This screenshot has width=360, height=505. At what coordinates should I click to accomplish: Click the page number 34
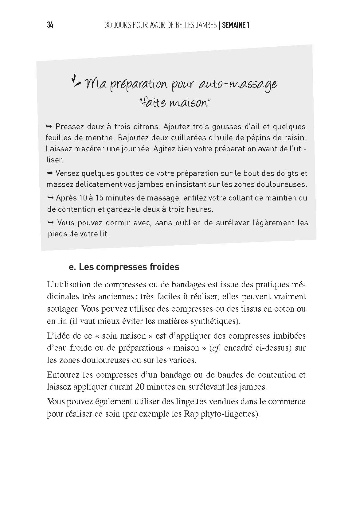[x=50, y=25]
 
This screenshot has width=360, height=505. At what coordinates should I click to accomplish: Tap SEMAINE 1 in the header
[x=235, y=25]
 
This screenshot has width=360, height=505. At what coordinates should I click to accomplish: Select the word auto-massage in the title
[x=238, y=84]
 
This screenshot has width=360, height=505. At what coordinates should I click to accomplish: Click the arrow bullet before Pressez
[x=50, y=126]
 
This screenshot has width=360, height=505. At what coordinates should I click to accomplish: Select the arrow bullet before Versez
[x=50, y=173]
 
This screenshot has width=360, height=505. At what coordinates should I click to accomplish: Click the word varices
[x=182, y=360]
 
